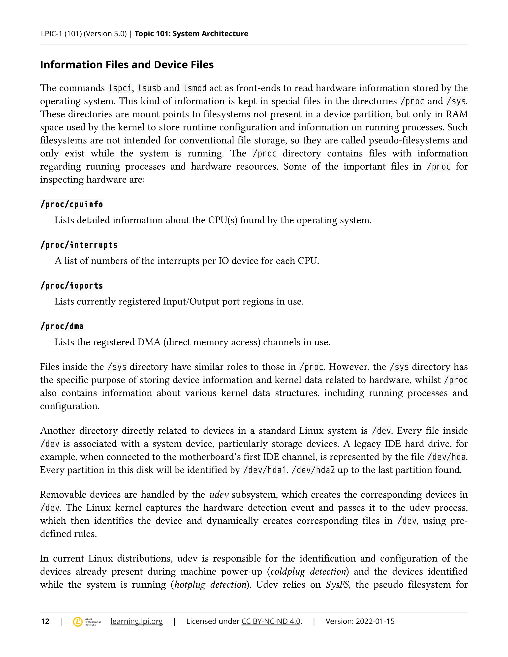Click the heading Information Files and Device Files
point(127,65)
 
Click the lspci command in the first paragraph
point(120,88)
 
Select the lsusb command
point(149,88)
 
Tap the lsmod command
point(195,88)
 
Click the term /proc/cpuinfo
point(72,204)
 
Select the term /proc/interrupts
point(79,245)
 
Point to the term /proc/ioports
point(72,285)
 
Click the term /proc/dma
point(62,326)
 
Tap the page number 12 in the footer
point(45,621)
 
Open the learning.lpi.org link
point(136,621)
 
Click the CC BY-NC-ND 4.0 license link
point(271,621)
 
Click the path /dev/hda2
point(313,470)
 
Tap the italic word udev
point(219,495)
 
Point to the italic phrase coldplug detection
point(308,571)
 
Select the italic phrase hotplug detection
point(210,585)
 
